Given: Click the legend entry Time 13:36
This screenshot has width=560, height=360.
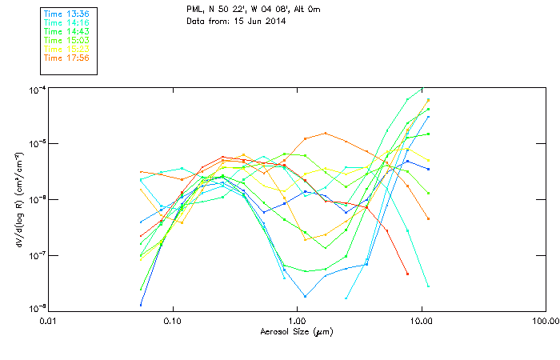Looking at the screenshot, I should coord(66,14).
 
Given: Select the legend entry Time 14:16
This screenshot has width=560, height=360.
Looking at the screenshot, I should coord(66,23).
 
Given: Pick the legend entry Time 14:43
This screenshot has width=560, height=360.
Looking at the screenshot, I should coord(66,31).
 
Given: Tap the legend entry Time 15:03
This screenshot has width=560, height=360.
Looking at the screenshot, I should coord(66,40).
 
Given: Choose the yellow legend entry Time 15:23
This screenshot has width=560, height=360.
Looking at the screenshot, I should coord(66,49).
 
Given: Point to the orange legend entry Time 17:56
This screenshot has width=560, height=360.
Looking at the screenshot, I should coord(66,58).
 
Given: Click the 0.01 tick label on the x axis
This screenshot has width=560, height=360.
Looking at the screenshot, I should coord(49,321).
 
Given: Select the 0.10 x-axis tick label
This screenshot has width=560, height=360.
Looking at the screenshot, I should coord(173,321).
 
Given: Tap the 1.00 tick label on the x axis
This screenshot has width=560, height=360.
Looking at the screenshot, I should coord(297,321).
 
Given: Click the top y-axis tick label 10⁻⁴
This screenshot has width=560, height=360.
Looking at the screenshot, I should coord(35,89).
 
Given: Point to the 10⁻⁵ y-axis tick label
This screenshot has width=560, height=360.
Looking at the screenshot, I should coord(35,144).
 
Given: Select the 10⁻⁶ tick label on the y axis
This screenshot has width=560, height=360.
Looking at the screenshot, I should coord(35,200).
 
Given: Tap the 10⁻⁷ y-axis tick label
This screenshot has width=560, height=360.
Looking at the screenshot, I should coord(35,255).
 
